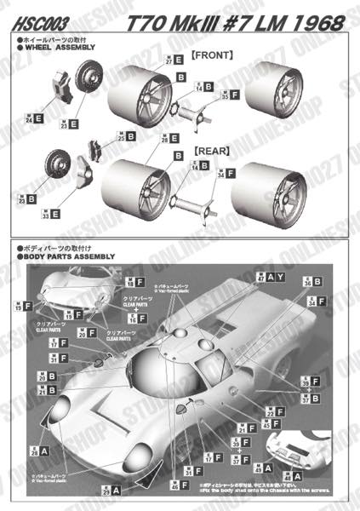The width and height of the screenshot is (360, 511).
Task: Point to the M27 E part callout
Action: (174, 60)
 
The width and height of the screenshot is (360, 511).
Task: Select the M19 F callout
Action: (23, 305)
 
